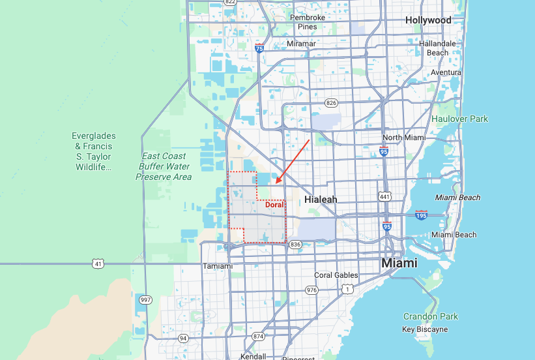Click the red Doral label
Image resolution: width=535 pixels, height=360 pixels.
point(274,204)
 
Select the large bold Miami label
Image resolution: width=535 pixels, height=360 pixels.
point(399,263)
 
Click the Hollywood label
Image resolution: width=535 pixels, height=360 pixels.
point(428,20)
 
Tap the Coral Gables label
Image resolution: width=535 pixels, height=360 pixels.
point(336,275)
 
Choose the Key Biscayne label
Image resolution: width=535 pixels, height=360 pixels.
point(425,329)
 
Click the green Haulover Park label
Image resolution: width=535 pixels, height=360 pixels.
point(459,119)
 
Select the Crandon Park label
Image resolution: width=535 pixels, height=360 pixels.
point(430,316)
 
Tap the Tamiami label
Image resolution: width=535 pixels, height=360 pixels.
point(218,266)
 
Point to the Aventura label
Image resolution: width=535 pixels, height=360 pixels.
point(446,72)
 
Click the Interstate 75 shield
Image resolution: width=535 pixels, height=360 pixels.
point(259,48)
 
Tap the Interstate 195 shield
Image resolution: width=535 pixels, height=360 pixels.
point(421,215)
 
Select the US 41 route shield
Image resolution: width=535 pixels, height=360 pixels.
point(98,263)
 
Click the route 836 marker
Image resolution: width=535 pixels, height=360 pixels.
point(295,244)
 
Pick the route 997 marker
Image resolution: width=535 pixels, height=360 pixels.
point(145,299)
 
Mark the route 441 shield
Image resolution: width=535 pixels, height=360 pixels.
point(385,196)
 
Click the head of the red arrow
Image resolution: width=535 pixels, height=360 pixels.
point(276,183)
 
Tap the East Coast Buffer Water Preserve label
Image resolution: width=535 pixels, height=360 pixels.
point(165,166)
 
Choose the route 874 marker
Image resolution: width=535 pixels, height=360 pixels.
point(259,336)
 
